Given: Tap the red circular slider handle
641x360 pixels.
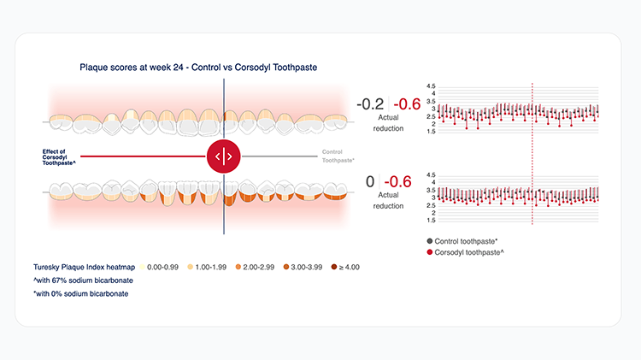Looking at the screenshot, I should (224, 156).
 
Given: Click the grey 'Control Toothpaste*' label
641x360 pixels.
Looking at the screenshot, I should (338, 156).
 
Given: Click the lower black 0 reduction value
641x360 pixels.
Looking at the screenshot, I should (370, 181).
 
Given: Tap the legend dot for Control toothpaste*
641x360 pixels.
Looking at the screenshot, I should (429, 241).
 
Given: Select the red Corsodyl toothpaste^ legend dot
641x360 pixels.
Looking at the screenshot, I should (429, 253).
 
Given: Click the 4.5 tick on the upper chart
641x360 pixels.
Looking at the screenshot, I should (432, 86).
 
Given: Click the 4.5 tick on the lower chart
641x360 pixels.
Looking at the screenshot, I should (432, 174).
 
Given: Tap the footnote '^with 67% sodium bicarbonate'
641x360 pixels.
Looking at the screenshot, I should (87, 280).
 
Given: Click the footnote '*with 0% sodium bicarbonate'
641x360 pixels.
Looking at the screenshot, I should (85, 293).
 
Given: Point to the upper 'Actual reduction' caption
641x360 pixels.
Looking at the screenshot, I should (389, 123).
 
